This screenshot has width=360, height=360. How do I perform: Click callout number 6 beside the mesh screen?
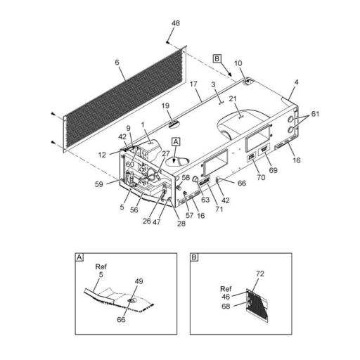(x=117, y=63)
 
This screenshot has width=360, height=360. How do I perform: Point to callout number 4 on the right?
(x=296, y=83)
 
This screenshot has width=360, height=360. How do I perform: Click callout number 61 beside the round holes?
(x=316, y=113)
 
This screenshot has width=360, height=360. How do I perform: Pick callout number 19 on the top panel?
(x=166, y=106)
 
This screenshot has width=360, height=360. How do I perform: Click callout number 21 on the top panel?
(x=232, y=101)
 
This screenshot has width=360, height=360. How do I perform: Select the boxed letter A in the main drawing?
(x=176, y=141)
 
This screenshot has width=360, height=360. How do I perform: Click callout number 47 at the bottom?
(x=158, y=221)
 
